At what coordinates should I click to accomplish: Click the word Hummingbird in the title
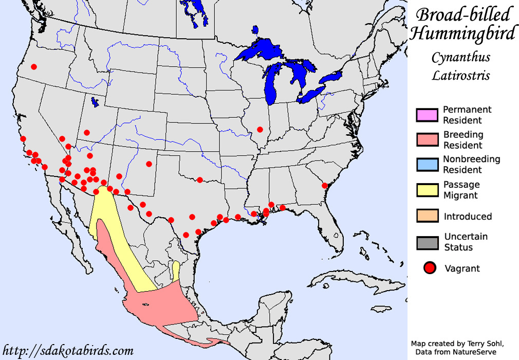[x=462, y=34]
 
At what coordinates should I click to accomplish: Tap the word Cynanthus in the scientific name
[x=460, y=57]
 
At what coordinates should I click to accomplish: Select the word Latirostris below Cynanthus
[x=460, y=76]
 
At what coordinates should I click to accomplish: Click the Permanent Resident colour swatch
[x=427, y=115]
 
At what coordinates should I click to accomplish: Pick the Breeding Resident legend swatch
[x=427, y=140]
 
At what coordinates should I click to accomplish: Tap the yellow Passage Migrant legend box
[x=427, y=190]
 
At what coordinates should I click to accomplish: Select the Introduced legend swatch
[x=427, y=216]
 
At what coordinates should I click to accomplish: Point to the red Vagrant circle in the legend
[x=430, y=268]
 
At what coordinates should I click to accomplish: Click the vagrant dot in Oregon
[x=34, y=67]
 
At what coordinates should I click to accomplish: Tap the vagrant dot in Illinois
[x=260, y=129]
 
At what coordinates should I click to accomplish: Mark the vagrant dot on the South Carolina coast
[x=325, y=186]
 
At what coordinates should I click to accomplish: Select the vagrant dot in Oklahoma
[x=200, y=179]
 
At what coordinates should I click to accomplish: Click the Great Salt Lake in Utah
[x=94, y=102]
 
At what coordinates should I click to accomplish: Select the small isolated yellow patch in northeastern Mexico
[x=176, y=271]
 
